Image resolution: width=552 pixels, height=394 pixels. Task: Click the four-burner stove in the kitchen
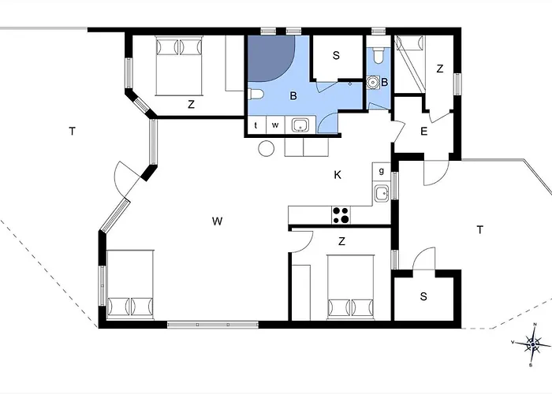point(341,215)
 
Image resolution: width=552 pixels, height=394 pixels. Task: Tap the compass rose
point(532,344)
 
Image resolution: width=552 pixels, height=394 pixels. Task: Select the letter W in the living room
point(217,221)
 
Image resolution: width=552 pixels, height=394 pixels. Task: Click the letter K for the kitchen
point(338,175)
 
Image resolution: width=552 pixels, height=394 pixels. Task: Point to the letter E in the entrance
point(424,132)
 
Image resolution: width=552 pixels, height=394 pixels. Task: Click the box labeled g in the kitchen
point(381,171)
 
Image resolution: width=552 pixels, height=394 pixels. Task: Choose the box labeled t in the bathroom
point(256,125)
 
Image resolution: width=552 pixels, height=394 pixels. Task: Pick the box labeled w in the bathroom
point(275,125)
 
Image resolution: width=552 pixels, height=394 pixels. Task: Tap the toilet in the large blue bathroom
point(255,95)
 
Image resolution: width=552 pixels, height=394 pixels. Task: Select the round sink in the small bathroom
point(373,82)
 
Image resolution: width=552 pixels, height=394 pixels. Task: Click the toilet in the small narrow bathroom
point(378,55)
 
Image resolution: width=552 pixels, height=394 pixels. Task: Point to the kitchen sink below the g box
point(381,193)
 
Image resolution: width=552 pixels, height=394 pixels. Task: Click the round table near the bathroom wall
point(267,148)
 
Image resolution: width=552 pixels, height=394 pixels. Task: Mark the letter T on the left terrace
point(73,132)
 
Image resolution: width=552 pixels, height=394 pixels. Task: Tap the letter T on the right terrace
point(479,230)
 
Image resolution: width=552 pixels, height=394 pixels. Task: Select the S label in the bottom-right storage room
point(423,296)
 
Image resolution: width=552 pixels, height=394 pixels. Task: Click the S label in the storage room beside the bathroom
point(336,56)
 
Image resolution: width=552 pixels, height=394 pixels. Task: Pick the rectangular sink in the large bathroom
point(300,125)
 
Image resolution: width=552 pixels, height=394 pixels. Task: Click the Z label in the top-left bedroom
point(191,105)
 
